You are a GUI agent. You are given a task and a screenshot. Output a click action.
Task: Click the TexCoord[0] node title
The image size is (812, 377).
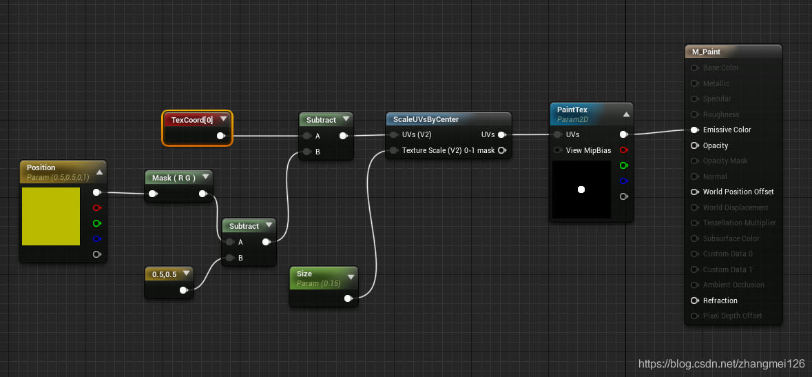(x=188, y=120)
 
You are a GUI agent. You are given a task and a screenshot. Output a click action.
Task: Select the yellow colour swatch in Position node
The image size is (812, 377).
(x=50, y=216)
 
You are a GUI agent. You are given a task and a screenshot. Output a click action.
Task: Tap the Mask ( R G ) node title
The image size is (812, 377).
(x=174, y=178)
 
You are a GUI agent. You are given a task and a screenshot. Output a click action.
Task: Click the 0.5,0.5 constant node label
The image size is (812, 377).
(x=165, y=274)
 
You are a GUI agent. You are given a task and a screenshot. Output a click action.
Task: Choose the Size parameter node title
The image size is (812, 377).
(x=304, y=274)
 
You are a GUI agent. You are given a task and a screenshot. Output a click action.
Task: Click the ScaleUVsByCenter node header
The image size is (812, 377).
(x=426, y=119)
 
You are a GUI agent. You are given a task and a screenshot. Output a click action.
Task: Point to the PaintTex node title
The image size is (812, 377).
(x=572, y=110)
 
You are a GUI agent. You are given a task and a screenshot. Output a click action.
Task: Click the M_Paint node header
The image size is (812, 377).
(x=707, y=52)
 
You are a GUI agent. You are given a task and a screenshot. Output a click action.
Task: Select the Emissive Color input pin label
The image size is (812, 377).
(x=727, y=130)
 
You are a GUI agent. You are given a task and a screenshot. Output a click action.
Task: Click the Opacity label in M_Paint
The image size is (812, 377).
(x=716, y=145)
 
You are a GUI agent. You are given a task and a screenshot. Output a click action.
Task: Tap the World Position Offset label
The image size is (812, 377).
(x=738, y=192)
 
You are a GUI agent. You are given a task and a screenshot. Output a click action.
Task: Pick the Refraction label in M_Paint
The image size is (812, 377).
(x=720, y=300)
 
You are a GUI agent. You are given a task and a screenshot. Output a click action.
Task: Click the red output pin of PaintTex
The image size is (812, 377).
(x=624, y=150)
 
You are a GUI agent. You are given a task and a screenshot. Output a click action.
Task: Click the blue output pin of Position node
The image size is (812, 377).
(x=97, y=239)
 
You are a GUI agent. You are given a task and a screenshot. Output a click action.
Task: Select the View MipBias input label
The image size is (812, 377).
(x=588, y=150)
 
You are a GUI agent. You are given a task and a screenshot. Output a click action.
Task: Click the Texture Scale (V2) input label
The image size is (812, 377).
(x=448, y=150)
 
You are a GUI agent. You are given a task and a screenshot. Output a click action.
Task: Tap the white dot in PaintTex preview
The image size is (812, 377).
(x=581, y=190)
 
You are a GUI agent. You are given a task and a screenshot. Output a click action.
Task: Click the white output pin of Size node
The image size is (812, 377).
(x=348, y=298)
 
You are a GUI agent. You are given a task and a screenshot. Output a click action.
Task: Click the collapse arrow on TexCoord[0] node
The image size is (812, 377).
(x=224, y=119)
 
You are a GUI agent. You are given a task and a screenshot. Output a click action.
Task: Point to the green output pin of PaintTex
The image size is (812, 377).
(x=624, y=165)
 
